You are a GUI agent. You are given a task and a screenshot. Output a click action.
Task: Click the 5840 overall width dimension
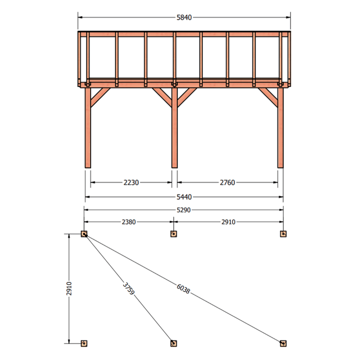coord(184,17)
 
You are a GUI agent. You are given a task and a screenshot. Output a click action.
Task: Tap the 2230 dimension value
coord(131,183)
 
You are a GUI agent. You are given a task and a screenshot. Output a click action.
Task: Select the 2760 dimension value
coord(227,183)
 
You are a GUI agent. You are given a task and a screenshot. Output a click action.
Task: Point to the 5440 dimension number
coord(184,197)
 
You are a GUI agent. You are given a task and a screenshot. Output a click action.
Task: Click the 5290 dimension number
coord(184,210)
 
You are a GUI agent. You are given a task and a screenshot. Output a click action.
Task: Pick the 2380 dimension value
coord(129,222)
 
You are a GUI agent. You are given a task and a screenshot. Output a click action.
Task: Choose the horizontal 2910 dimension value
coord(228,222)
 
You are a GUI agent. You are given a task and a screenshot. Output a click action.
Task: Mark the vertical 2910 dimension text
coord(69,289)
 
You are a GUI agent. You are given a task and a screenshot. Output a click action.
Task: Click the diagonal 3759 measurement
coord(129,289)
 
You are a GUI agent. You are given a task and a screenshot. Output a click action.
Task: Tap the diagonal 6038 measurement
coord(183,289)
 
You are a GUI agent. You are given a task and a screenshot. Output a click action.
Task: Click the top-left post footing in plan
coord(84,234)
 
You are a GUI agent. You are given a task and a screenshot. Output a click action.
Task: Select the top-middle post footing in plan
coord(174,234)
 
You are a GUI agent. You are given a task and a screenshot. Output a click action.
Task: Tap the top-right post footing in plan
coord(283,234)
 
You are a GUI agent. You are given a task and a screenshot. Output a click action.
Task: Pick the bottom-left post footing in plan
coord(84,344)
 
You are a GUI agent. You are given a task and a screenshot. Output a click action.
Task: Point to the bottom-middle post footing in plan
coord(174,344)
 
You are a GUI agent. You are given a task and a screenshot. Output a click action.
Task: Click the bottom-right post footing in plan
coord(283,344)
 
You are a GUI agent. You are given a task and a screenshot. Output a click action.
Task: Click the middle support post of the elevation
coord(174,128)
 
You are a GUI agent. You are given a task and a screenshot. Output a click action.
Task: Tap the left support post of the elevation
coord(88,128)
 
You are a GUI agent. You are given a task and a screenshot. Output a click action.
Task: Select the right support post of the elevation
coord(280,128)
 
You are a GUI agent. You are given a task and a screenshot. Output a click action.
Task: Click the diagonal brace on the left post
coord(100,97)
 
